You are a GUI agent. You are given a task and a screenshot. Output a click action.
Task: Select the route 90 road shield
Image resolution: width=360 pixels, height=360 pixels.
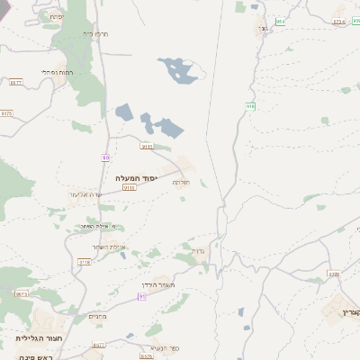point(105,157)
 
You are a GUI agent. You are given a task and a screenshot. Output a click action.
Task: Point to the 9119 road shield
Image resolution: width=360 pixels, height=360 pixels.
point(148,145)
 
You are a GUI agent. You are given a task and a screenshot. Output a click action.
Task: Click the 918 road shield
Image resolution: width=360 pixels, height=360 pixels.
point(250,106)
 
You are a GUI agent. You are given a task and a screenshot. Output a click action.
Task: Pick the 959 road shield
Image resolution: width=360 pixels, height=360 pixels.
point(281,21)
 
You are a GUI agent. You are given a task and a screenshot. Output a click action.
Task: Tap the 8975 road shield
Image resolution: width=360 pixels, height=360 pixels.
point(7,113)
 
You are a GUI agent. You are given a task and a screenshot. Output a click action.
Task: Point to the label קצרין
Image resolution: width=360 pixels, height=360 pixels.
point(350,312)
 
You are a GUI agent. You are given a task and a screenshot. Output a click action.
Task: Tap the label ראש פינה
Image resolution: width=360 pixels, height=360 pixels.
point(39,357)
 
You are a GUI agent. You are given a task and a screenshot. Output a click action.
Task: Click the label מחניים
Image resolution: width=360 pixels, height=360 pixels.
point(98,317)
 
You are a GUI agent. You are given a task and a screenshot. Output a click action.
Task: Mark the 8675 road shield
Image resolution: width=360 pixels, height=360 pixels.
point(22,293)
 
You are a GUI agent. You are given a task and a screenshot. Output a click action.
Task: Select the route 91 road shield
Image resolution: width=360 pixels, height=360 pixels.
point(141,296)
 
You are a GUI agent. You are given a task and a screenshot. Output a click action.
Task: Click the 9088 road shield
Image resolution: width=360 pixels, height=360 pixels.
point(334,274)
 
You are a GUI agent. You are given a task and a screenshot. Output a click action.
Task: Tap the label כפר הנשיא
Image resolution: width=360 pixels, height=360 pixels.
point(162,347)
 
